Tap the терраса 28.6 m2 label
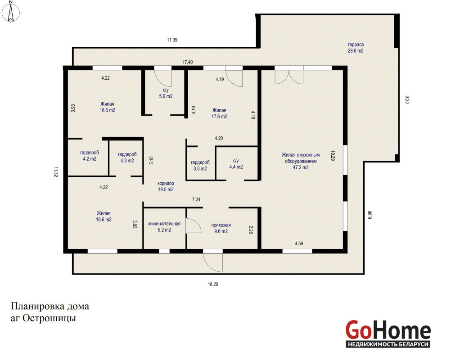[356, 48]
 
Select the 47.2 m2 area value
[301, 167]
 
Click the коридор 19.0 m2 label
[166, 186]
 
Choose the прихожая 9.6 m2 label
[221, 228]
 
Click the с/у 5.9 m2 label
[166, 93]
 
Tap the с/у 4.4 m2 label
[236, 164]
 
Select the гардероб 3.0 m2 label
[200, 166]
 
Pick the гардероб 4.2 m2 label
[90, 156]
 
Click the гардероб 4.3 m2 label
[127, 157]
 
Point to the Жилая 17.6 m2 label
[219, 113]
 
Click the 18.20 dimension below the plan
[213, 284]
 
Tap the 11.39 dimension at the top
[172, 40]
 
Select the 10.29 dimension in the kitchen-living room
[333, 156]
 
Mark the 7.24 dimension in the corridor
[196, 199]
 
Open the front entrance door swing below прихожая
[212, 261]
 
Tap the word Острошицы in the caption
[49, 318]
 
